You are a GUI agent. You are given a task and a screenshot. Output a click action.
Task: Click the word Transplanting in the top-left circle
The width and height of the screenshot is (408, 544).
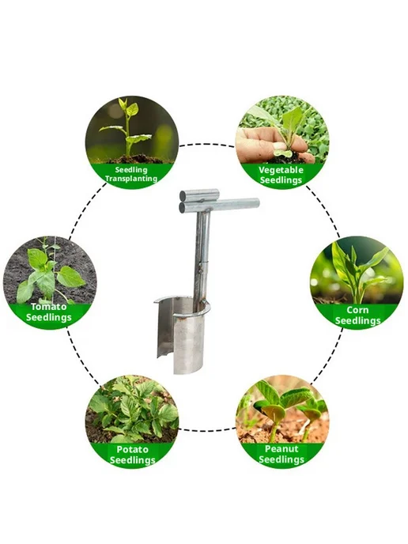(131, 179)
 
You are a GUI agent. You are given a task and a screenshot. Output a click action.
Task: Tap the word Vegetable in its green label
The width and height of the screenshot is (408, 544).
(281, 170)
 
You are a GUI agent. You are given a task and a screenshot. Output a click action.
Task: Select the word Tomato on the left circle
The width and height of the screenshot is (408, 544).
(48, 307)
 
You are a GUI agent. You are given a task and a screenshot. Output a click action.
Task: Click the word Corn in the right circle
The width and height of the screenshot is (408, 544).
(357, 310)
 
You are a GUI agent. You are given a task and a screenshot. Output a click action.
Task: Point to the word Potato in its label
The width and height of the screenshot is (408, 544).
(132, 449)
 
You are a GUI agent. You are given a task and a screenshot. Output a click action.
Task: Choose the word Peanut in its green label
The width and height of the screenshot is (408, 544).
(281, 448)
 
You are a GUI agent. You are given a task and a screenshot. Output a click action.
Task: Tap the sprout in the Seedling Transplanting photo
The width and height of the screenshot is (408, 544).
(127, 128)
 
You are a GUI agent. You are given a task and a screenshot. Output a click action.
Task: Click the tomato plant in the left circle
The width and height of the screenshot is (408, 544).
(48, 274)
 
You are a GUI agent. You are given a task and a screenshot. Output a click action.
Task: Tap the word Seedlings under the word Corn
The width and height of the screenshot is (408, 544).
(357, 321)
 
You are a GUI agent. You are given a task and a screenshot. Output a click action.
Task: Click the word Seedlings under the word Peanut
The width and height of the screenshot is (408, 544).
(281, 459)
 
